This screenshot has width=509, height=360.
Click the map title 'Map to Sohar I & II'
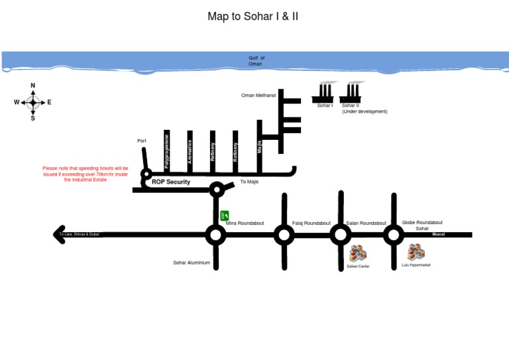(x=253, y=16)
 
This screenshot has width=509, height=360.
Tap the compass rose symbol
(x=33, y=102)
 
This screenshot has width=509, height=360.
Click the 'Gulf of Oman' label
(x=256, y=61)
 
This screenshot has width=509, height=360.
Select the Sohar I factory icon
(x=325, y=91)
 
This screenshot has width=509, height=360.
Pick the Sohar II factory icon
(x=351, y=91)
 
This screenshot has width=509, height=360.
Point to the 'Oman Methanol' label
(x=258, y=95)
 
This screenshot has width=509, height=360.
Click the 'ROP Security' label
(x=171, y=182)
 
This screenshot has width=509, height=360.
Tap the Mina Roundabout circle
(x=215, y=234)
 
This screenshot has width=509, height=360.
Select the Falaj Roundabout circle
(x=284, y=234)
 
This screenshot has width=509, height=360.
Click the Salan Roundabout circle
(x=341, y=234)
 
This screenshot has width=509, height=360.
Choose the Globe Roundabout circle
(x=394, y=234)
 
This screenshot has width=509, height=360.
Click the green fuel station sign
(x=224, y=215)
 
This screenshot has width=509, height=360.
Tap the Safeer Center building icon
(x=358, y=253)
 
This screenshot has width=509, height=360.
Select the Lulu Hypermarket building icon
(x=416, y=252)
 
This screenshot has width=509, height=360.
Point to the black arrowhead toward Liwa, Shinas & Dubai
(x=59, y=235)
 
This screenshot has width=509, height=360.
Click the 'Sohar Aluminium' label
(x=192, y=263)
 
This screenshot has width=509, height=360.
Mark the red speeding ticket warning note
(x=85, y=174)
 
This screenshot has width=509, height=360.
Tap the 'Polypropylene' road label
(x=167, y=150)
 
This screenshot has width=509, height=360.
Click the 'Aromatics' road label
(x=190, y=152)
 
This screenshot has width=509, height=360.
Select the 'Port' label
(x=142, y=141)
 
